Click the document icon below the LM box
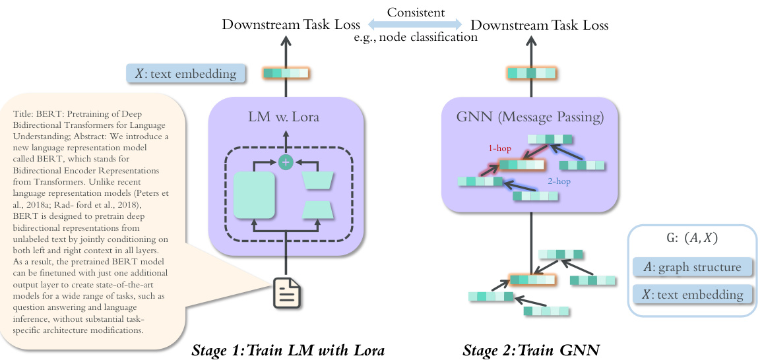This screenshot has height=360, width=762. (286, 293)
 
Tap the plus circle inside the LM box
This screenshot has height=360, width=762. (286, 162)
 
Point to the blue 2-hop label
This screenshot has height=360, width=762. (560, 181)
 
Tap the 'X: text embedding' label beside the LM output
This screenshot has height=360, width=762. (185, 74)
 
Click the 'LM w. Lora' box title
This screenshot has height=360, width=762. (286, 118)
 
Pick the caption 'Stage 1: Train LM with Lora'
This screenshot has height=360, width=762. (288, 349)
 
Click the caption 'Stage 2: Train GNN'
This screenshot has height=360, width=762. (531, 349)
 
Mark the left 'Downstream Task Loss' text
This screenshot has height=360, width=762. (291, 25)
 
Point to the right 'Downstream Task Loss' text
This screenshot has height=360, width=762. (539, 25)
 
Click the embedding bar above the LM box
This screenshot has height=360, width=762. (286, 73)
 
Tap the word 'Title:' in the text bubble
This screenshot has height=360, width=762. (24, 114)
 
